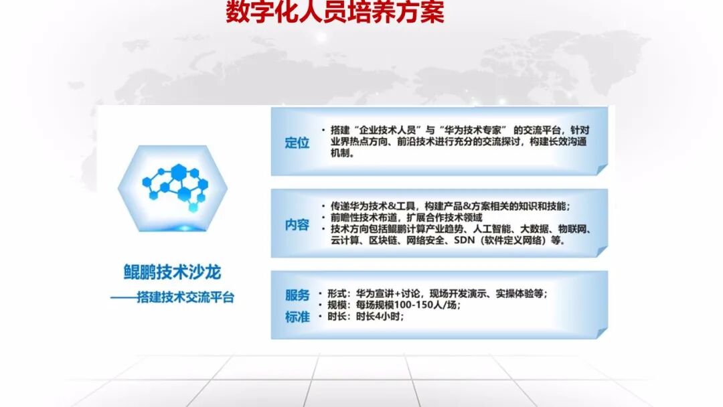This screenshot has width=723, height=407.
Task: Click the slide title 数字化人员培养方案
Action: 335,13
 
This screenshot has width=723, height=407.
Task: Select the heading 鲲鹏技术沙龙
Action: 172,272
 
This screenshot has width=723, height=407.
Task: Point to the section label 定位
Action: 297,143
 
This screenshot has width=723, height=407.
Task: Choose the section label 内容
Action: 297,225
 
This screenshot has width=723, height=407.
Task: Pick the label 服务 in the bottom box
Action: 297,295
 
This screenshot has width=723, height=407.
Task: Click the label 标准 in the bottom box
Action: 297,317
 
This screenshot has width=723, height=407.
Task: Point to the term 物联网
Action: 575,229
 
